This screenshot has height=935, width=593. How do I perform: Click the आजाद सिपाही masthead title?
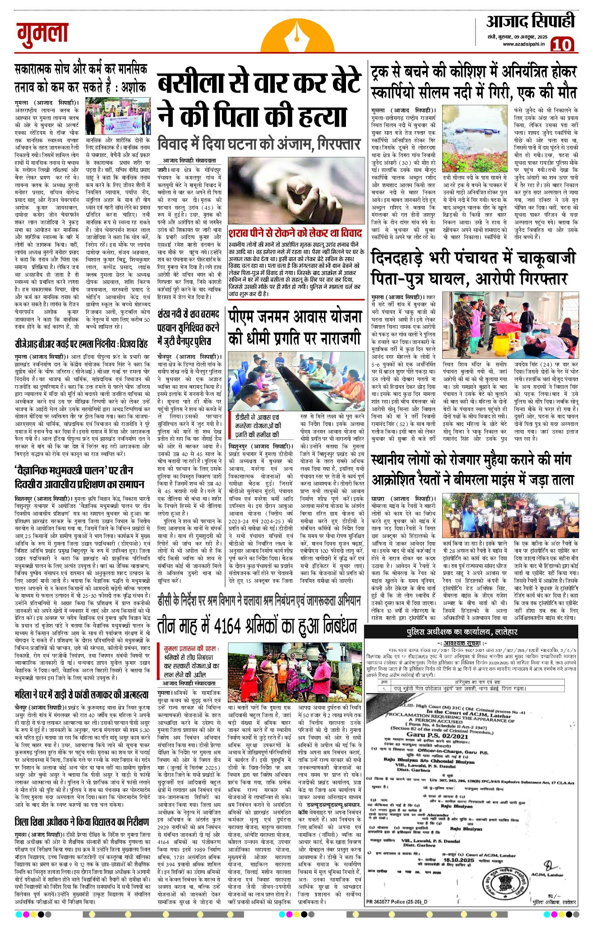click(x=530, y=22)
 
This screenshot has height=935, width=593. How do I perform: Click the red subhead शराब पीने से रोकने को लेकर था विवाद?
click(x=295, y=233)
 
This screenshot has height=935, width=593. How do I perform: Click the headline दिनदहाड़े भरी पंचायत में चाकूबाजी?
click(x=474, y=259)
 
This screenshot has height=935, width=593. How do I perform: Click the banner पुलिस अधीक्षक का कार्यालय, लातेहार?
click(x=462, y=632)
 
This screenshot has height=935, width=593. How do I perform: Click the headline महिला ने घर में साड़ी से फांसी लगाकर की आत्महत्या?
click(x=81, y=695)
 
